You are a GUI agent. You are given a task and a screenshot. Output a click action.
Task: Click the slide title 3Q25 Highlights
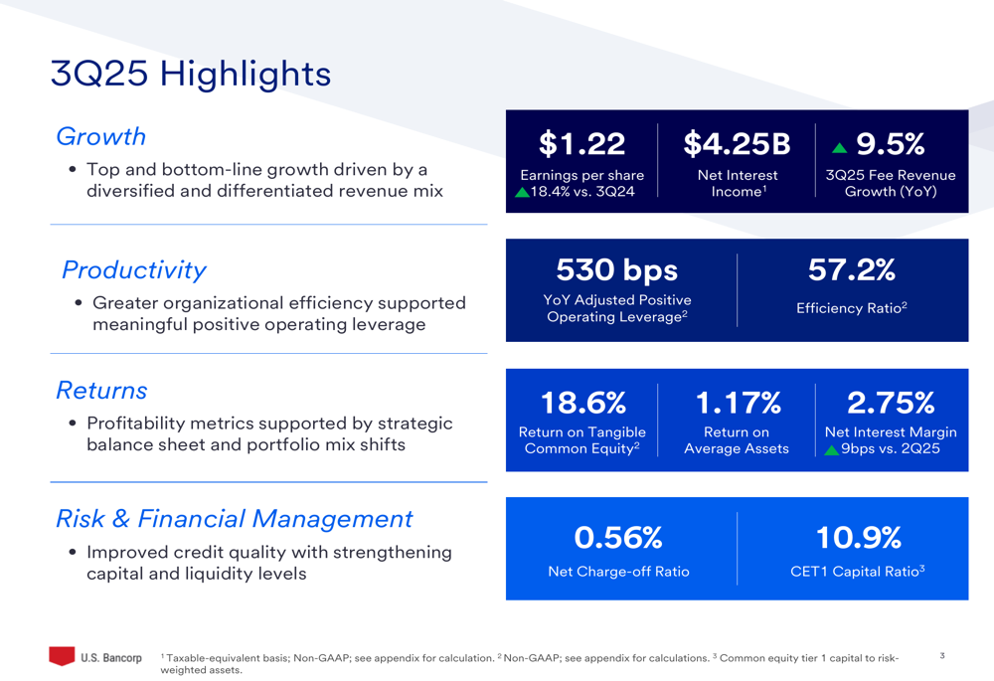[191, 74]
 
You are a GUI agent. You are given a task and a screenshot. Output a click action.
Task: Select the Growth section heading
[100, 136]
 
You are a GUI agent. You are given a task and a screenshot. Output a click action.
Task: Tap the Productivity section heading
[134, 269]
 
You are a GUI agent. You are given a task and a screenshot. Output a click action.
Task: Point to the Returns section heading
[101, 390]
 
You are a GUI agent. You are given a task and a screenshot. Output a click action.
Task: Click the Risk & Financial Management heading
[234, 518]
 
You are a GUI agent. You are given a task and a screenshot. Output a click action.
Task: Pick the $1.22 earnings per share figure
[581, 145]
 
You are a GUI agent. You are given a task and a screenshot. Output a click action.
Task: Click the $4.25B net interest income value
[737, 145]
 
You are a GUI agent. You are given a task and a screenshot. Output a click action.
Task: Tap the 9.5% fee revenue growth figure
[891, 145]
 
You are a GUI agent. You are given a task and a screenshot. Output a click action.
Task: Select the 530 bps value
[616, 269]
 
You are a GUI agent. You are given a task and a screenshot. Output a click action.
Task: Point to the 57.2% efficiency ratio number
[852, 269]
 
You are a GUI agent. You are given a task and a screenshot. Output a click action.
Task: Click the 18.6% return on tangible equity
[582, 403]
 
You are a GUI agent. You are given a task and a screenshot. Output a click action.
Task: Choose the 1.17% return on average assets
[737, 403]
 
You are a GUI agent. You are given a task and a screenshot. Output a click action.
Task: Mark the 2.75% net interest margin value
[891, 403]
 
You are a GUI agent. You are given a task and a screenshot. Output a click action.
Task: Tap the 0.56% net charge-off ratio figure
[618, 538]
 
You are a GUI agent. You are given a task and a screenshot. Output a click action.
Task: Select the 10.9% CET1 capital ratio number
[858, 538]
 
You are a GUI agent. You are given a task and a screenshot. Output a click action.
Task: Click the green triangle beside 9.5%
[840, 147]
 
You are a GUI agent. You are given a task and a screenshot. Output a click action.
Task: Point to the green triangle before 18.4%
[523, 192]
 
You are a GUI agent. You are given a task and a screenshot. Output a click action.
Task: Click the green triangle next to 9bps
[832, 449]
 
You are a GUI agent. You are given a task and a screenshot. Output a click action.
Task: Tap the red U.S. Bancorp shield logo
[62, 656]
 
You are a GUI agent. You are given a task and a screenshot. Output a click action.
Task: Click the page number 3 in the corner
[941, 655]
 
